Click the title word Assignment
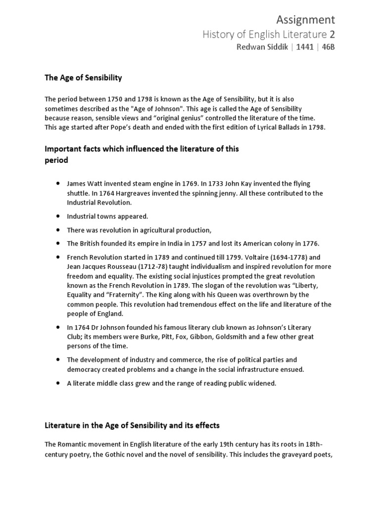[x=305, y=19]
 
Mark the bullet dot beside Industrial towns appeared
[x=59, y=216]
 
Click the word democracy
[x=84, y=369]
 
